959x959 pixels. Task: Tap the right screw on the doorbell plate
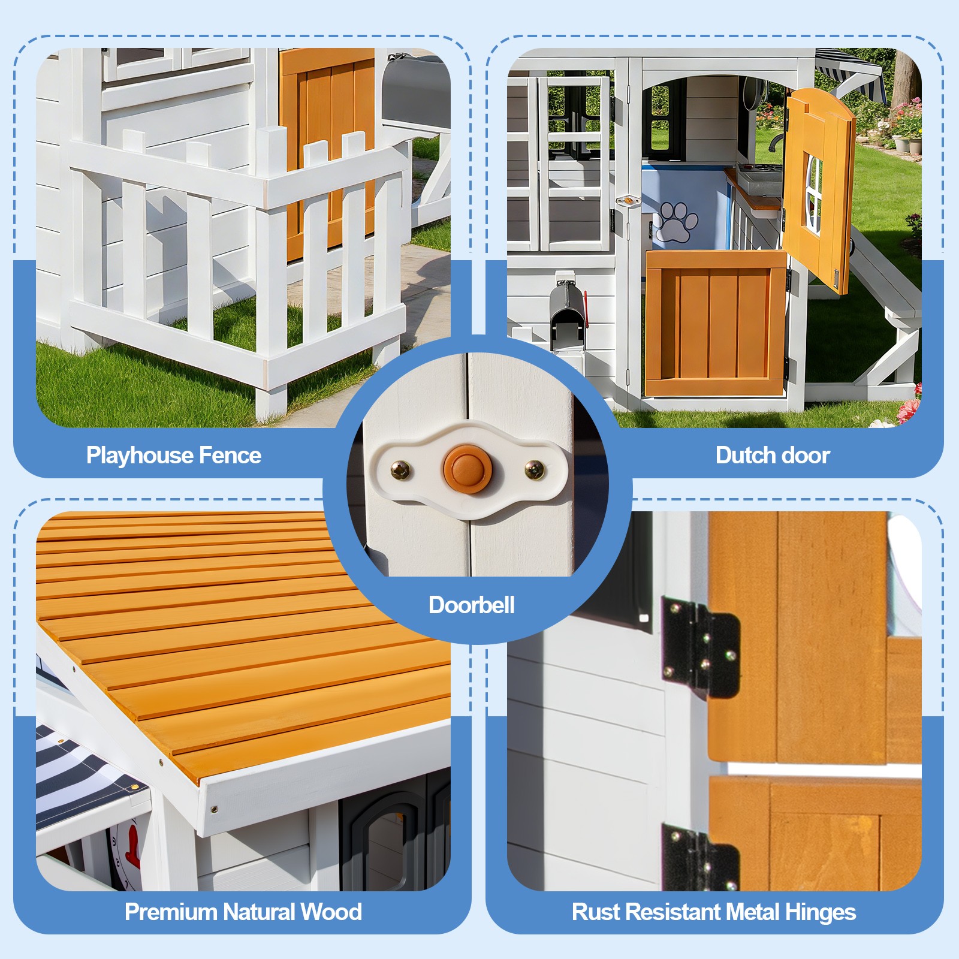(535, 469)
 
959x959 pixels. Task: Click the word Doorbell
(472, 605)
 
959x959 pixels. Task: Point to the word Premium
(171, 912)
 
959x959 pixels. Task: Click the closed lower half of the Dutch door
(715, 323)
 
